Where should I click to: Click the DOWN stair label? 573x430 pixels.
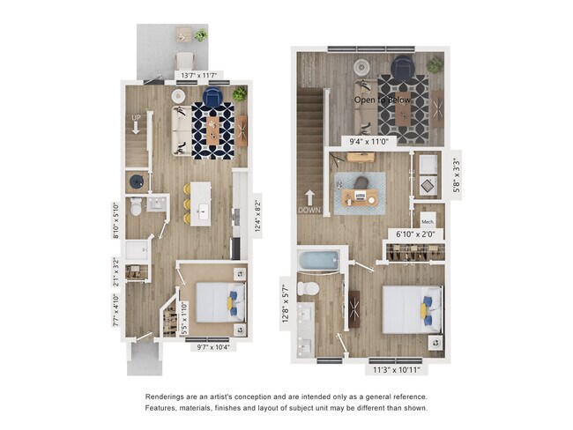coord(309,211)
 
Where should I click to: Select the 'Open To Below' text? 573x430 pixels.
coord(383,100)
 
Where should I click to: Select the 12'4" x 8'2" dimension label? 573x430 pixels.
coord(257,215)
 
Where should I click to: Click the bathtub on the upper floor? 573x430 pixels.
coord(318,261)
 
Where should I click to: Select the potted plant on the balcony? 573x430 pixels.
coord(201,36)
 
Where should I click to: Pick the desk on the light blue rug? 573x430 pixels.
coord(360,196)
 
